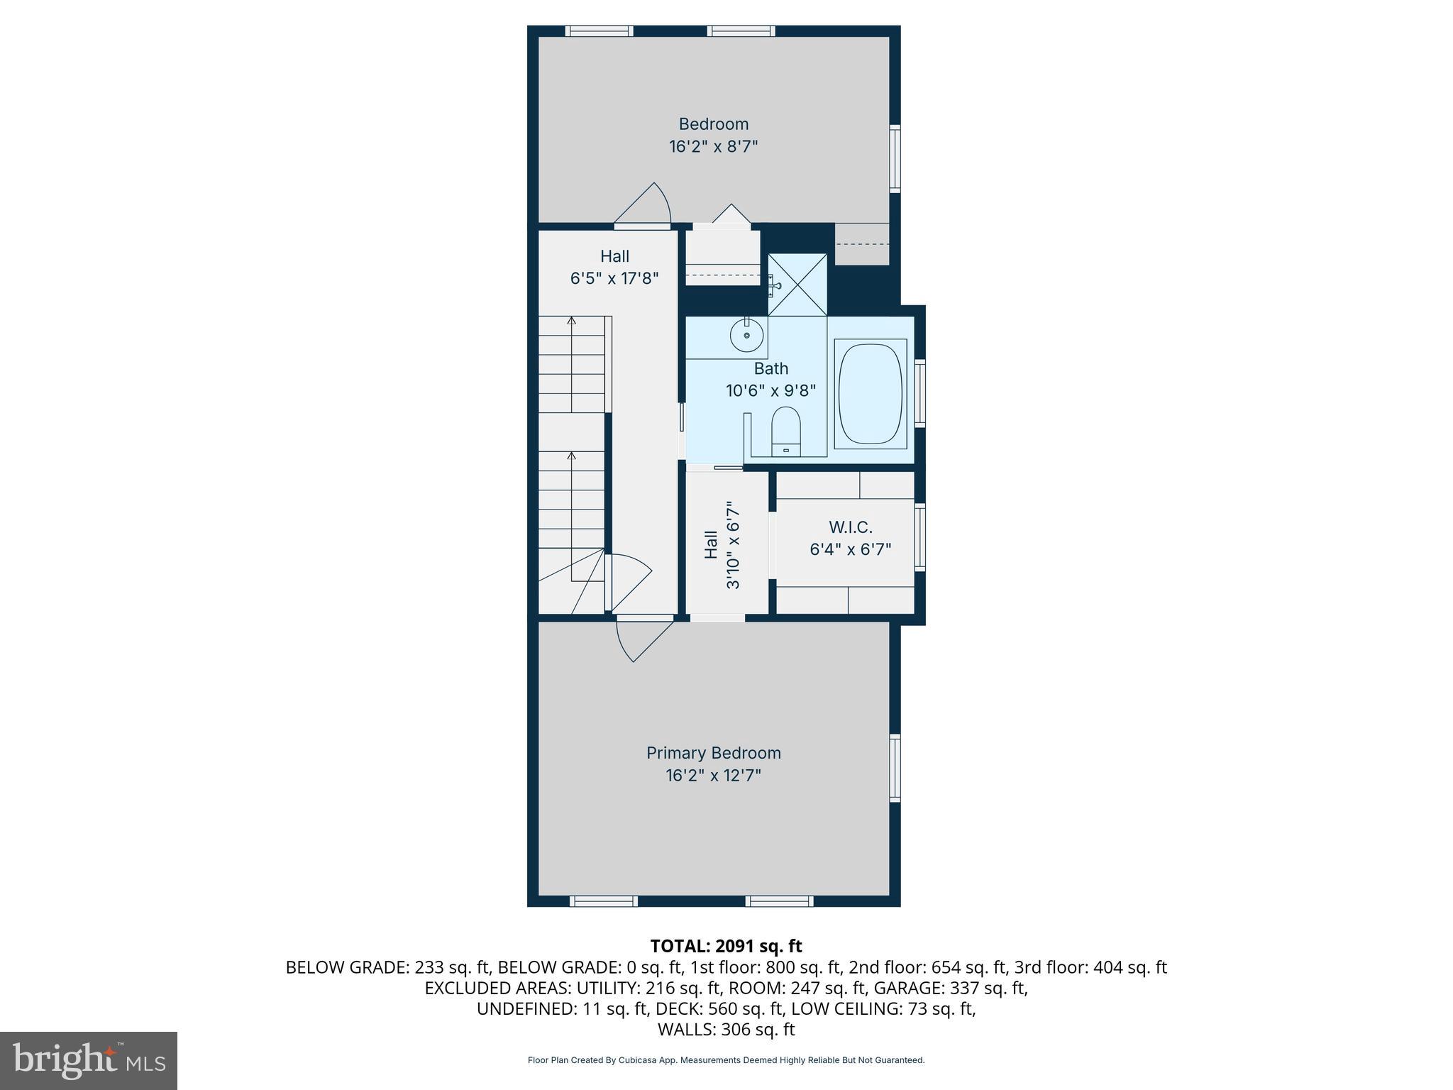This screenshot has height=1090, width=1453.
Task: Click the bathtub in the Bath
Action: (x=871, y=395)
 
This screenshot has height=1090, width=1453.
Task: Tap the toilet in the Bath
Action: (x=785, y=431)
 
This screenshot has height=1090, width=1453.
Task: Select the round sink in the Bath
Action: (x=746, y=334)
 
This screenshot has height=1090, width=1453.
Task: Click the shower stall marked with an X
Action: (x=797, y=285)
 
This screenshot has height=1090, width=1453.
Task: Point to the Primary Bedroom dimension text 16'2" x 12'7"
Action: (x=713, y=775)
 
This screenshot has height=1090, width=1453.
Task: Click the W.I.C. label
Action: (x=850, y=527)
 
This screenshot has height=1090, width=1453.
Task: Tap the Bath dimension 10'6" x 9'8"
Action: (x=770, y=390)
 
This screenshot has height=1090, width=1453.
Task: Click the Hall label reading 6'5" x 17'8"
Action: (x=614, y=278)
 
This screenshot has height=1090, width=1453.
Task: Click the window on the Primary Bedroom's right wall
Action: (x=895, y=768)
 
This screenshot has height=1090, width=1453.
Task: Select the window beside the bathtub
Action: (x=919, y=393)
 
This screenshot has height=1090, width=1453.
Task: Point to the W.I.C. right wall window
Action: (x=919, y=537)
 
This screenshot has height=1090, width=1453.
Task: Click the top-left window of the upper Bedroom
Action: (x=599, y=31)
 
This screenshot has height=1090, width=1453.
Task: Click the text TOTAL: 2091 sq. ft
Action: (x=726, y=946)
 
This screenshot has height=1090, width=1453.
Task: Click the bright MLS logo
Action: (x=89, y=1060)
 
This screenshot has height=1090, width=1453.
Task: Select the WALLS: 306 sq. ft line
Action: (x=726, y=1030)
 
